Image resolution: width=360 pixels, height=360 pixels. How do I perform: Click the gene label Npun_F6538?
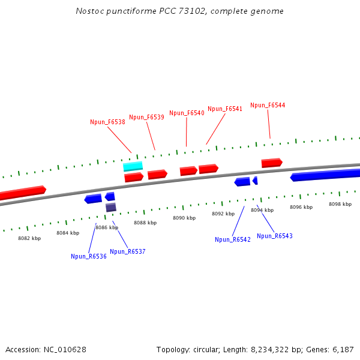(x=107, y=122)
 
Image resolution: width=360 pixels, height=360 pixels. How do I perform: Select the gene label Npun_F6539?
(x=146, y=117)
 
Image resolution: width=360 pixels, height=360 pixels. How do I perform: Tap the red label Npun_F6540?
(x=187, y=113)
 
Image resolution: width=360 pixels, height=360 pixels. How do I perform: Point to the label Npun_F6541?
(x=225, y=109)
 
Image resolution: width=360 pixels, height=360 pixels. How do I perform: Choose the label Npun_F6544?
(x=268, y=105)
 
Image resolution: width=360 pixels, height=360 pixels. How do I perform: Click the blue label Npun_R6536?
(x=88, y=256)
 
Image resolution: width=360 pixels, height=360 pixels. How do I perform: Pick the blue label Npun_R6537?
(x=127, y=251)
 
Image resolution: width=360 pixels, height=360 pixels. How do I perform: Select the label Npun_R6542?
(x=233, y=239)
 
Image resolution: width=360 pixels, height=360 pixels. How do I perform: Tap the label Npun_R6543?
(x=275, y=236)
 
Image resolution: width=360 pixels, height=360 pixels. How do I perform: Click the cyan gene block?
(x=133, y=166)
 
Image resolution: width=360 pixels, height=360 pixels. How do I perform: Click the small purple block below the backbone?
(x=111, y=208)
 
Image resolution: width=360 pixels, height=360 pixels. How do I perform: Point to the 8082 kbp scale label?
(x=29, y=238)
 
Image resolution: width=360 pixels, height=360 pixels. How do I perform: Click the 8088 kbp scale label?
(x=145, y=223)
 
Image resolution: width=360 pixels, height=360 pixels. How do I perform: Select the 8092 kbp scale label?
(x=223, y=214)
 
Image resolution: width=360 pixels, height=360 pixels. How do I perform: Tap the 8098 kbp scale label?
(x=340, y=204)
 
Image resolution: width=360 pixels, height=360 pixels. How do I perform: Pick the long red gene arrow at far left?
(x=22, y=193)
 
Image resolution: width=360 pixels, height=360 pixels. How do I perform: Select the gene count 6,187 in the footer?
(x=343, y=349)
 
